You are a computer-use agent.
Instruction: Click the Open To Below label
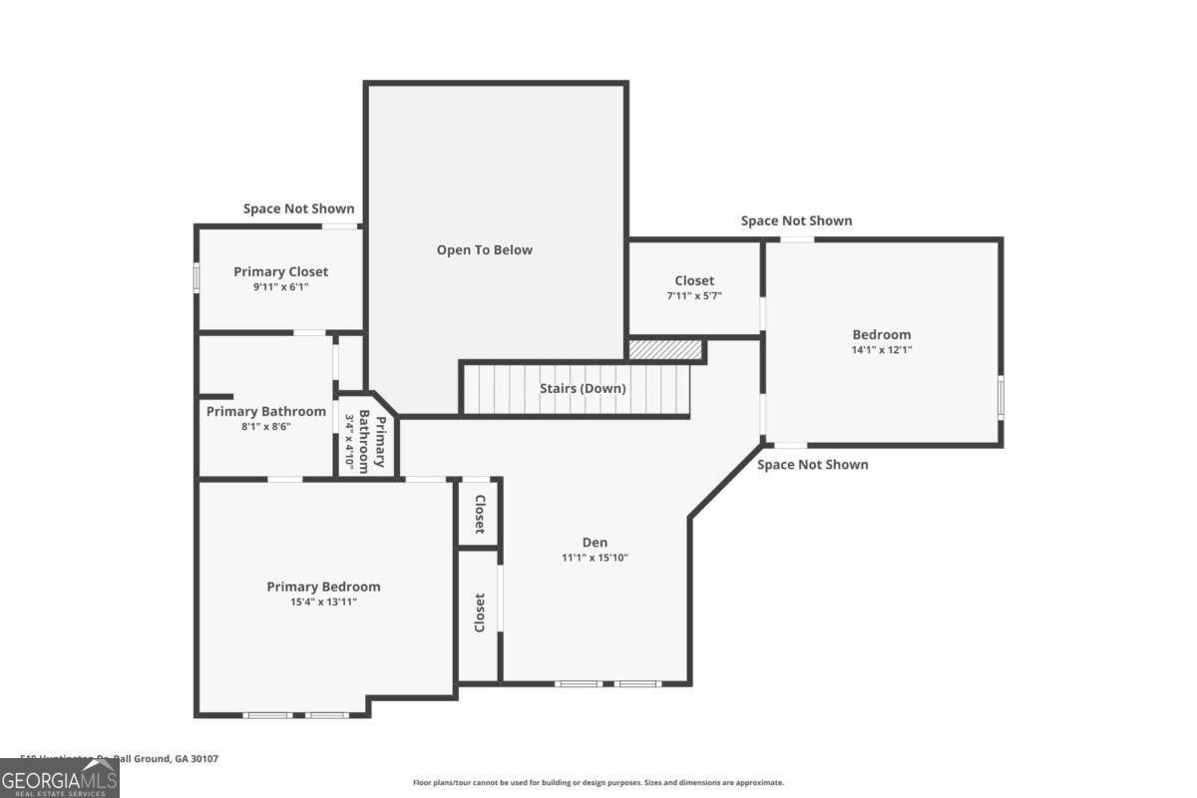(x=485, y=250)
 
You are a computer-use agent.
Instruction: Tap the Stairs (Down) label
(x=583, y=388)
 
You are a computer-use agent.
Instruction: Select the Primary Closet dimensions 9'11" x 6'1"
(x=280, y=287)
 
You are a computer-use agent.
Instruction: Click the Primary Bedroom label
(x=323, y=587)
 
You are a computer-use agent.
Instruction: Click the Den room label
(x=595, y=543)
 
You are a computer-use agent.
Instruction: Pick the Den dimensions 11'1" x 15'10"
(x=595, y=558)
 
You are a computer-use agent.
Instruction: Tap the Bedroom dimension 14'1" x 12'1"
(x=881, y=350)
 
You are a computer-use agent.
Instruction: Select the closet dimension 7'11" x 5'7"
(x=694, y=296)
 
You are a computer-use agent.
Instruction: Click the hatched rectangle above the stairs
(x=665, y=349)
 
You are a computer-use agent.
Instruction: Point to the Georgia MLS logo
(x=60, y=778)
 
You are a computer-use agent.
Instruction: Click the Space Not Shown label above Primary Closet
(x=298, y=208)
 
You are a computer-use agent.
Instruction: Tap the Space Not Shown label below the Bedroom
(x=812, y=465)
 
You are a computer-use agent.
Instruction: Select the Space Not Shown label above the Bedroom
(x=796, y=220)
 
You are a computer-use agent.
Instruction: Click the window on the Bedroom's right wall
(x=1000, y=395)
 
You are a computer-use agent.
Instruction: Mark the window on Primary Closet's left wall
(x=197, y=276)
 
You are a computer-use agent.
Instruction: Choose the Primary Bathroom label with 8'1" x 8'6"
(x=265, y=411)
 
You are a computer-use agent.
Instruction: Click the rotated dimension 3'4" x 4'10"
(x=350, y=442)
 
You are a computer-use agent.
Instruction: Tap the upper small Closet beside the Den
(x=479, y=514)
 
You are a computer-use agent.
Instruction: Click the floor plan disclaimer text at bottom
(x=598, y=783)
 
